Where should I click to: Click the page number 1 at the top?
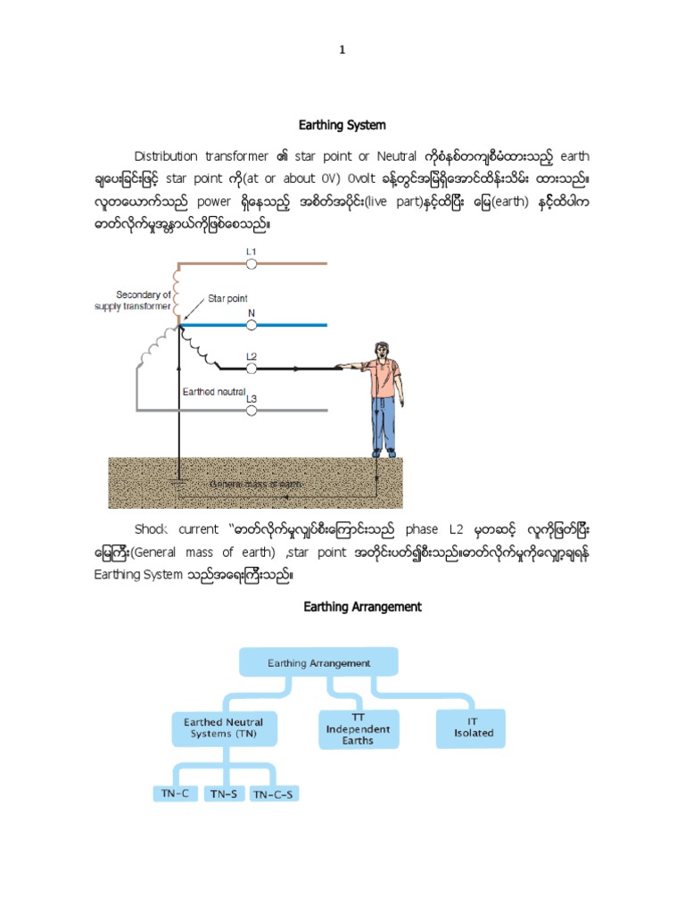(x=342, y=51)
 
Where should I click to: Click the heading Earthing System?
(x=342, y=124)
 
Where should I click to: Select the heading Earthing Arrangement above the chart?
(x=362, y=607)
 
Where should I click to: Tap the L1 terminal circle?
(x=252, y=264)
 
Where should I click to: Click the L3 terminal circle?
(x=252, y=410)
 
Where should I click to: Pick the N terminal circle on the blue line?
(x=252, y=326)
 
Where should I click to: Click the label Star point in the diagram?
(x=228, y=299)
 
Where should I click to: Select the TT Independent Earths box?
(x=356, y=728)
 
